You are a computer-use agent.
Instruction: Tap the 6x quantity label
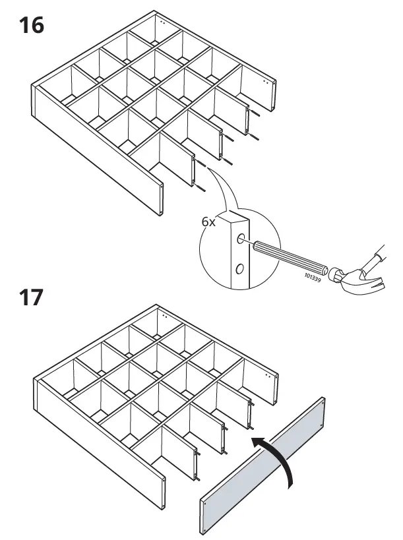(208, 222)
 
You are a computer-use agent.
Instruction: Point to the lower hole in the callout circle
(239, 268)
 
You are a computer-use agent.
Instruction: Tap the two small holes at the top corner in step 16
(162, 21)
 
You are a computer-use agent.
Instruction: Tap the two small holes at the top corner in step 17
(162, 316)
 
